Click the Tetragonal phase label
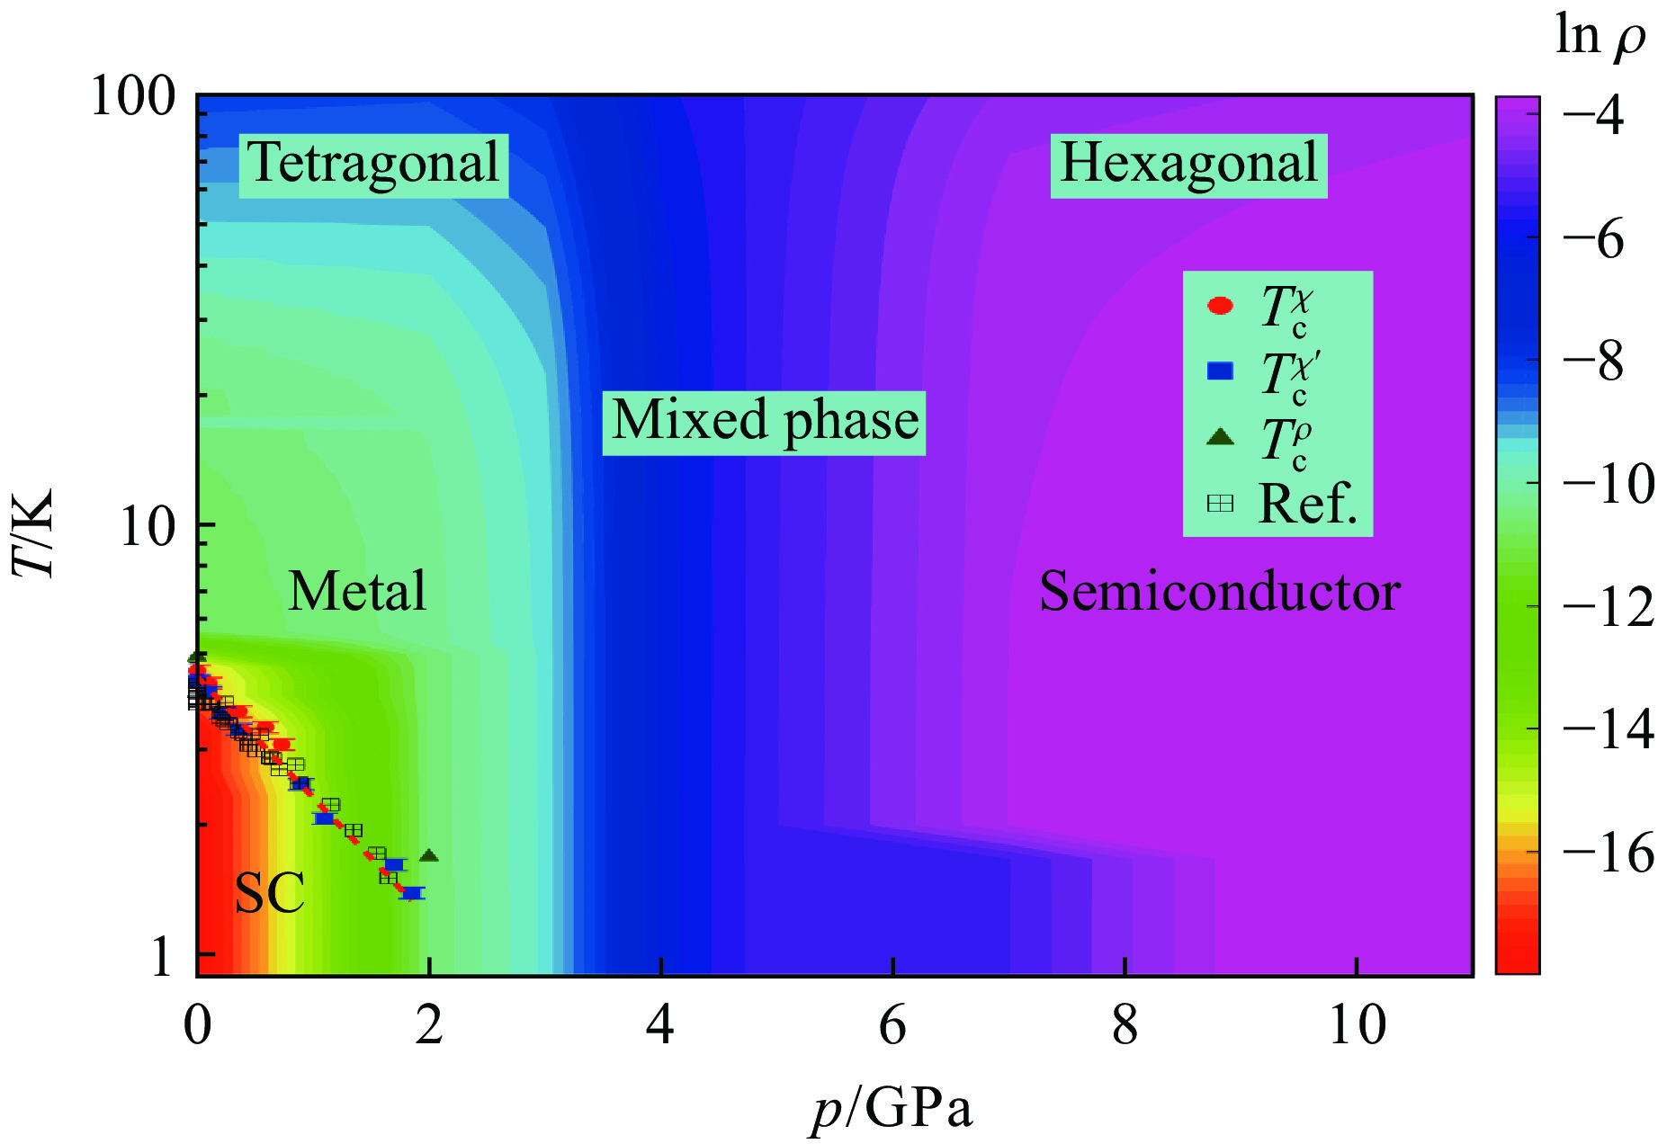(373, 165)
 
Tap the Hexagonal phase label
(1188, 165)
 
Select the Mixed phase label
(764, 422)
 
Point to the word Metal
(357, 592)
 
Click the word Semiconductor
(1220, 592)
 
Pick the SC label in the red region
(269, 894)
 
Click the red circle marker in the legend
(1220, 306)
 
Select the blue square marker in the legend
(1220, 371)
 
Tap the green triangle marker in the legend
(1220, 437)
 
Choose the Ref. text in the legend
(1307, 504)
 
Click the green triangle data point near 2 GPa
(429, 855)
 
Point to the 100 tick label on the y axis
(133, 97)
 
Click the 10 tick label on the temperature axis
(148, 526)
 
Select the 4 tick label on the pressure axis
(660, 1025)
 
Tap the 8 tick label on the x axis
(1125, 1025)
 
